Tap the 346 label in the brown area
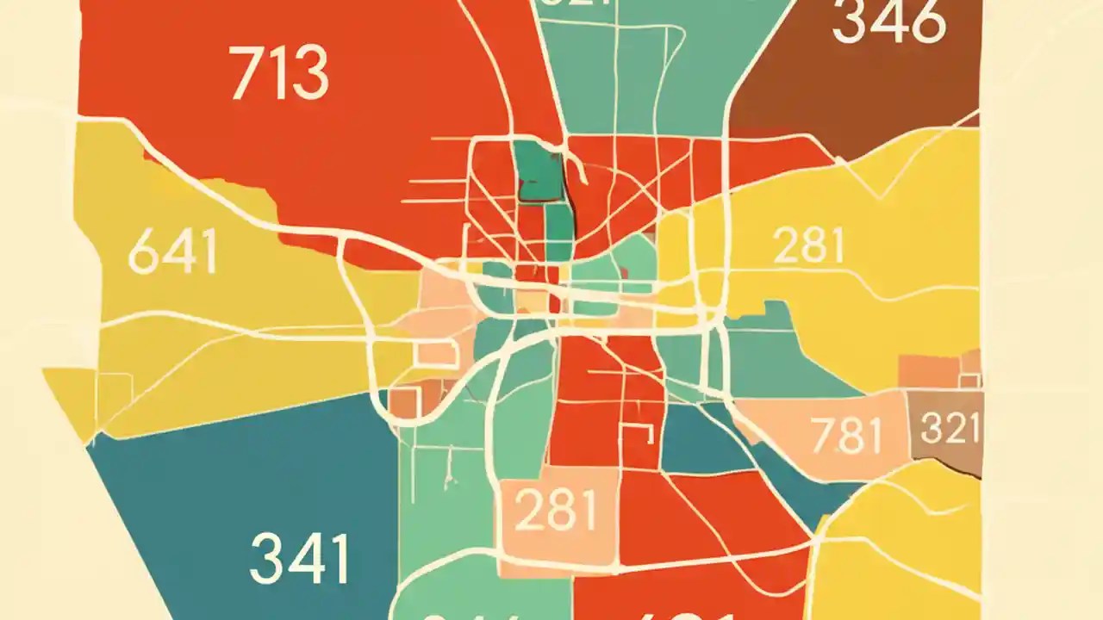point(889,23)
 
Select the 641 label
point(172,253)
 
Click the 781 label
point(848,436)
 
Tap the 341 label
point(300,559)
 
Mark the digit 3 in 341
point(265,559)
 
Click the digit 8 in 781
point(849,436)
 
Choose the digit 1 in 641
point(207,253)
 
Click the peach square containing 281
point(559,514)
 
